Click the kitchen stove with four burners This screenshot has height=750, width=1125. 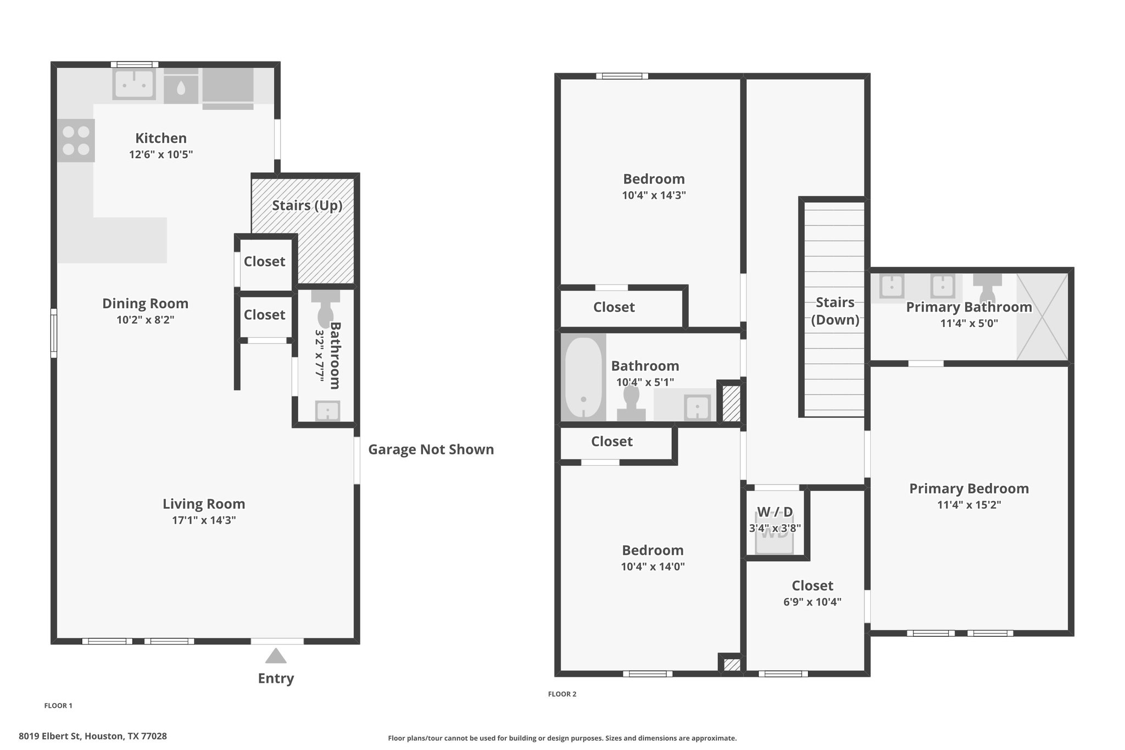[x=76, y=141]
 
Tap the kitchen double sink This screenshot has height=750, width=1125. [x=134, y=84]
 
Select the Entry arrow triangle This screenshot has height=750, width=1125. [x=276, y=656]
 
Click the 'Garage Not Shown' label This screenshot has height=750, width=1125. [x=431, y=449]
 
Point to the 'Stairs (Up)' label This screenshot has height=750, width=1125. [x=307, y=205]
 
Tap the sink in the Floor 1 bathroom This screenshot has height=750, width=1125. [x=327, y=410]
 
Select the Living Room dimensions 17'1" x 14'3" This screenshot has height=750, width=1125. [x=204, y=520]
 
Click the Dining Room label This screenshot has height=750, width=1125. [x=145, y=303]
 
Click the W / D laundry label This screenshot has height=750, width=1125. [x=775, y=512]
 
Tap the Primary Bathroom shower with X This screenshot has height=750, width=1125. [x=1042, y=316]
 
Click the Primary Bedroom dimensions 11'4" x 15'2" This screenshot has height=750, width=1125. [x=969, y=505]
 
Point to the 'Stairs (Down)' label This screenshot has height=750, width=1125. [x=835, y=311]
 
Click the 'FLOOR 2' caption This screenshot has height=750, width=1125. [x=562, y=694]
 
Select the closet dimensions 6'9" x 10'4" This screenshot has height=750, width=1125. [x=812, y=602]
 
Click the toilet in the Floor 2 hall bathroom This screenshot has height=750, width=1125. [x=631, y=404]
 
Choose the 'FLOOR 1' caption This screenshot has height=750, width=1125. [x=58, y=705]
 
